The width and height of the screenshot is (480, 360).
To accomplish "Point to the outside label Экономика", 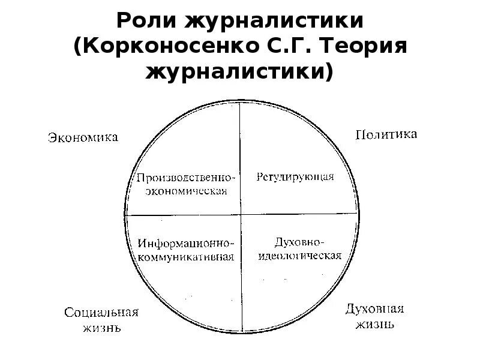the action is (83, 137).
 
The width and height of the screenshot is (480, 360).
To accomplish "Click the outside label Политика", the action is (386, 134).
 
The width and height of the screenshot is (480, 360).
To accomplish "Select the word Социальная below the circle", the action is (101, 313).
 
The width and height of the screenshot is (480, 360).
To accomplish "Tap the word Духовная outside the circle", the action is (374, 309).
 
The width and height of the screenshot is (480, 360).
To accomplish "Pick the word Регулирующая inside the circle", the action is (295, 177).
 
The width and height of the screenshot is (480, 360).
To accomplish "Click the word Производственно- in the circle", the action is (184, 178).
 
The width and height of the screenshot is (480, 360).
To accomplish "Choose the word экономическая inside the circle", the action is (184, 191).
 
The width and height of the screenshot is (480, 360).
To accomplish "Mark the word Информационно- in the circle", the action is (185, 244).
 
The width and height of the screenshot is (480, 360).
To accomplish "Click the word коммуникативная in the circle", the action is (185, 257).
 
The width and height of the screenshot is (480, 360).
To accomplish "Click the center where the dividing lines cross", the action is (241, 214).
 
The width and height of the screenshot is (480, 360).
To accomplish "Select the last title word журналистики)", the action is (239, 71).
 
